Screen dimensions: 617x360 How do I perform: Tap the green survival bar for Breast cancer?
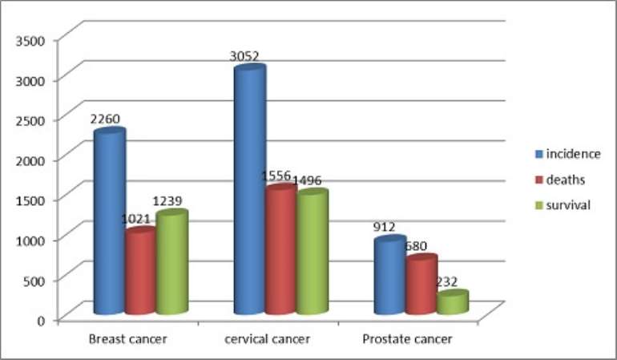tap(172, 262)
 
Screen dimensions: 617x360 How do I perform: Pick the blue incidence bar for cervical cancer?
tap(250, 189)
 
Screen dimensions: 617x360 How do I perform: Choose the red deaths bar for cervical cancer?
tap(281, 249)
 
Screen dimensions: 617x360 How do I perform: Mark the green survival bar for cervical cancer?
tap(313, 251)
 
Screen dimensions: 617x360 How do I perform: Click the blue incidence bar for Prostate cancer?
tap(390, 275)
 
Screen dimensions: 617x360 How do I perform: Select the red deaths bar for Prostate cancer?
tap(421, 284)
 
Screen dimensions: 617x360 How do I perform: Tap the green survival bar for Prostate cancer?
tap(453, 302)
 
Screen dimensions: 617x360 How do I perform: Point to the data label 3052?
tap(244, 56)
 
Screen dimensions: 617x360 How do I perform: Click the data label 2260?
tap(105, 119)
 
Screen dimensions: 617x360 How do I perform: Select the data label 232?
tap(446, 281)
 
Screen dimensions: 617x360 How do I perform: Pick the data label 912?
tap(384, 227)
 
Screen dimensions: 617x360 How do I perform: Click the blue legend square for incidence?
tap(539, 154)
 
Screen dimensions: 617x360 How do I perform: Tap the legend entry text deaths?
tap(566, 180)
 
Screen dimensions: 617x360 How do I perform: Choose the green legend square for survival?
tap(539, 205)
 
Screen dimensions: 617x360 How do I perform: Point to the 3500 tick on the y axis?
tap(30, 41)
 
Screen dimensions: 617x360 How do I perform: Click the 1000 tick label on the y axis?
tap(30, 241)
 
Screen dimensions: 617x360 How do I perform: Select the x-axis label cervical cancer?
tap(267, 339)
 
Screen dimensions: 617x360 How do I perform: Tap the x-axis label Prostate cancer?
tap(407, 339)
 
